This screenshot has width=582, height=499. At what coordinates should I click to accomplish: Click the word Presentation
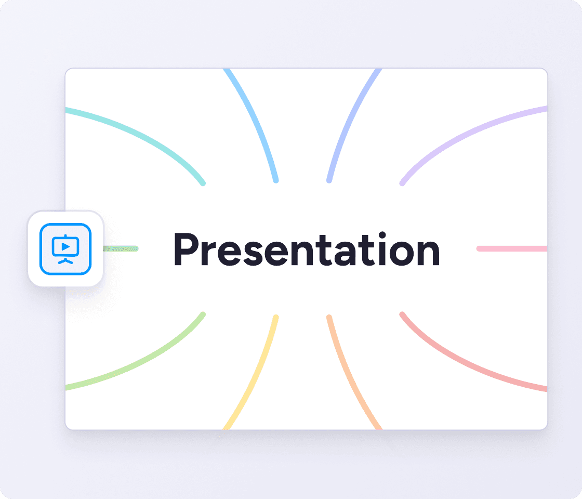pos(307,249)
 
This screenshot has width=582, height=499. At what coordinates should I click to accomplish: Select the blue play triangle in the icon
pos(65,246)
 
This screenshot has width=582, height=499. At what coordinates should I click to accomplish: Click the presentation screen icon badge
pos(65,249)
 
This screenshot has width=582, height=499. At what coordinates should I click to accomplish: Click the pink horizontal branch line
pos(512,249)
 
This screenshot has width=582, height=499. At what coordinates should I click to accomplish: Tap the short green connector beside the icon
pos(121,249)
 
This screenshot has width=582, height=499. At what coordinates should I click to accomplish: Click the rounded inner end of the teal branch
pos(203,183)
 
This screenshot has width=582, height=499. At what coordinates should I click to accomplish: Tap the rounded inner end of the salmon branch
pos(402,314)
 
